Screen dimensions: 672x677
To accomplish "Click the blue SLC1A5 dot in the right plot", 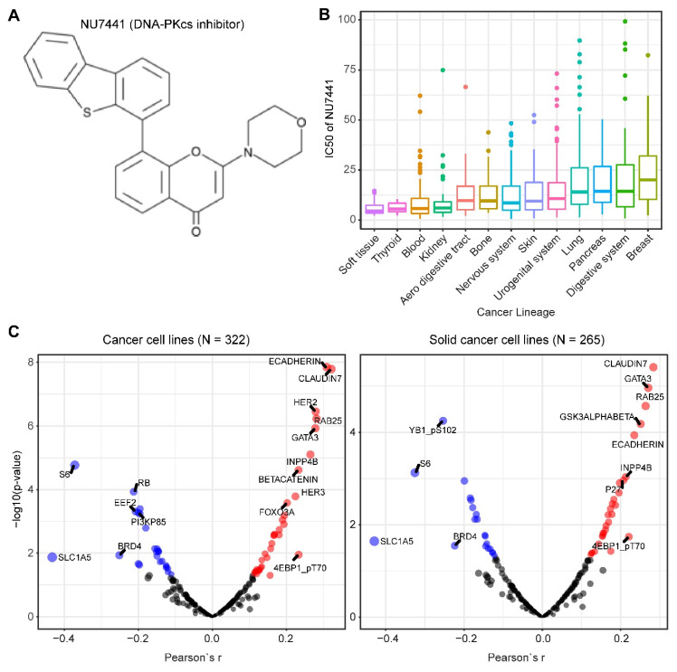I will (375, 541).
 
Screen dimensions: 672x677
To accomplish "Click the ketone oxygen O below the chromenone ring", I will (195, 232).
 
